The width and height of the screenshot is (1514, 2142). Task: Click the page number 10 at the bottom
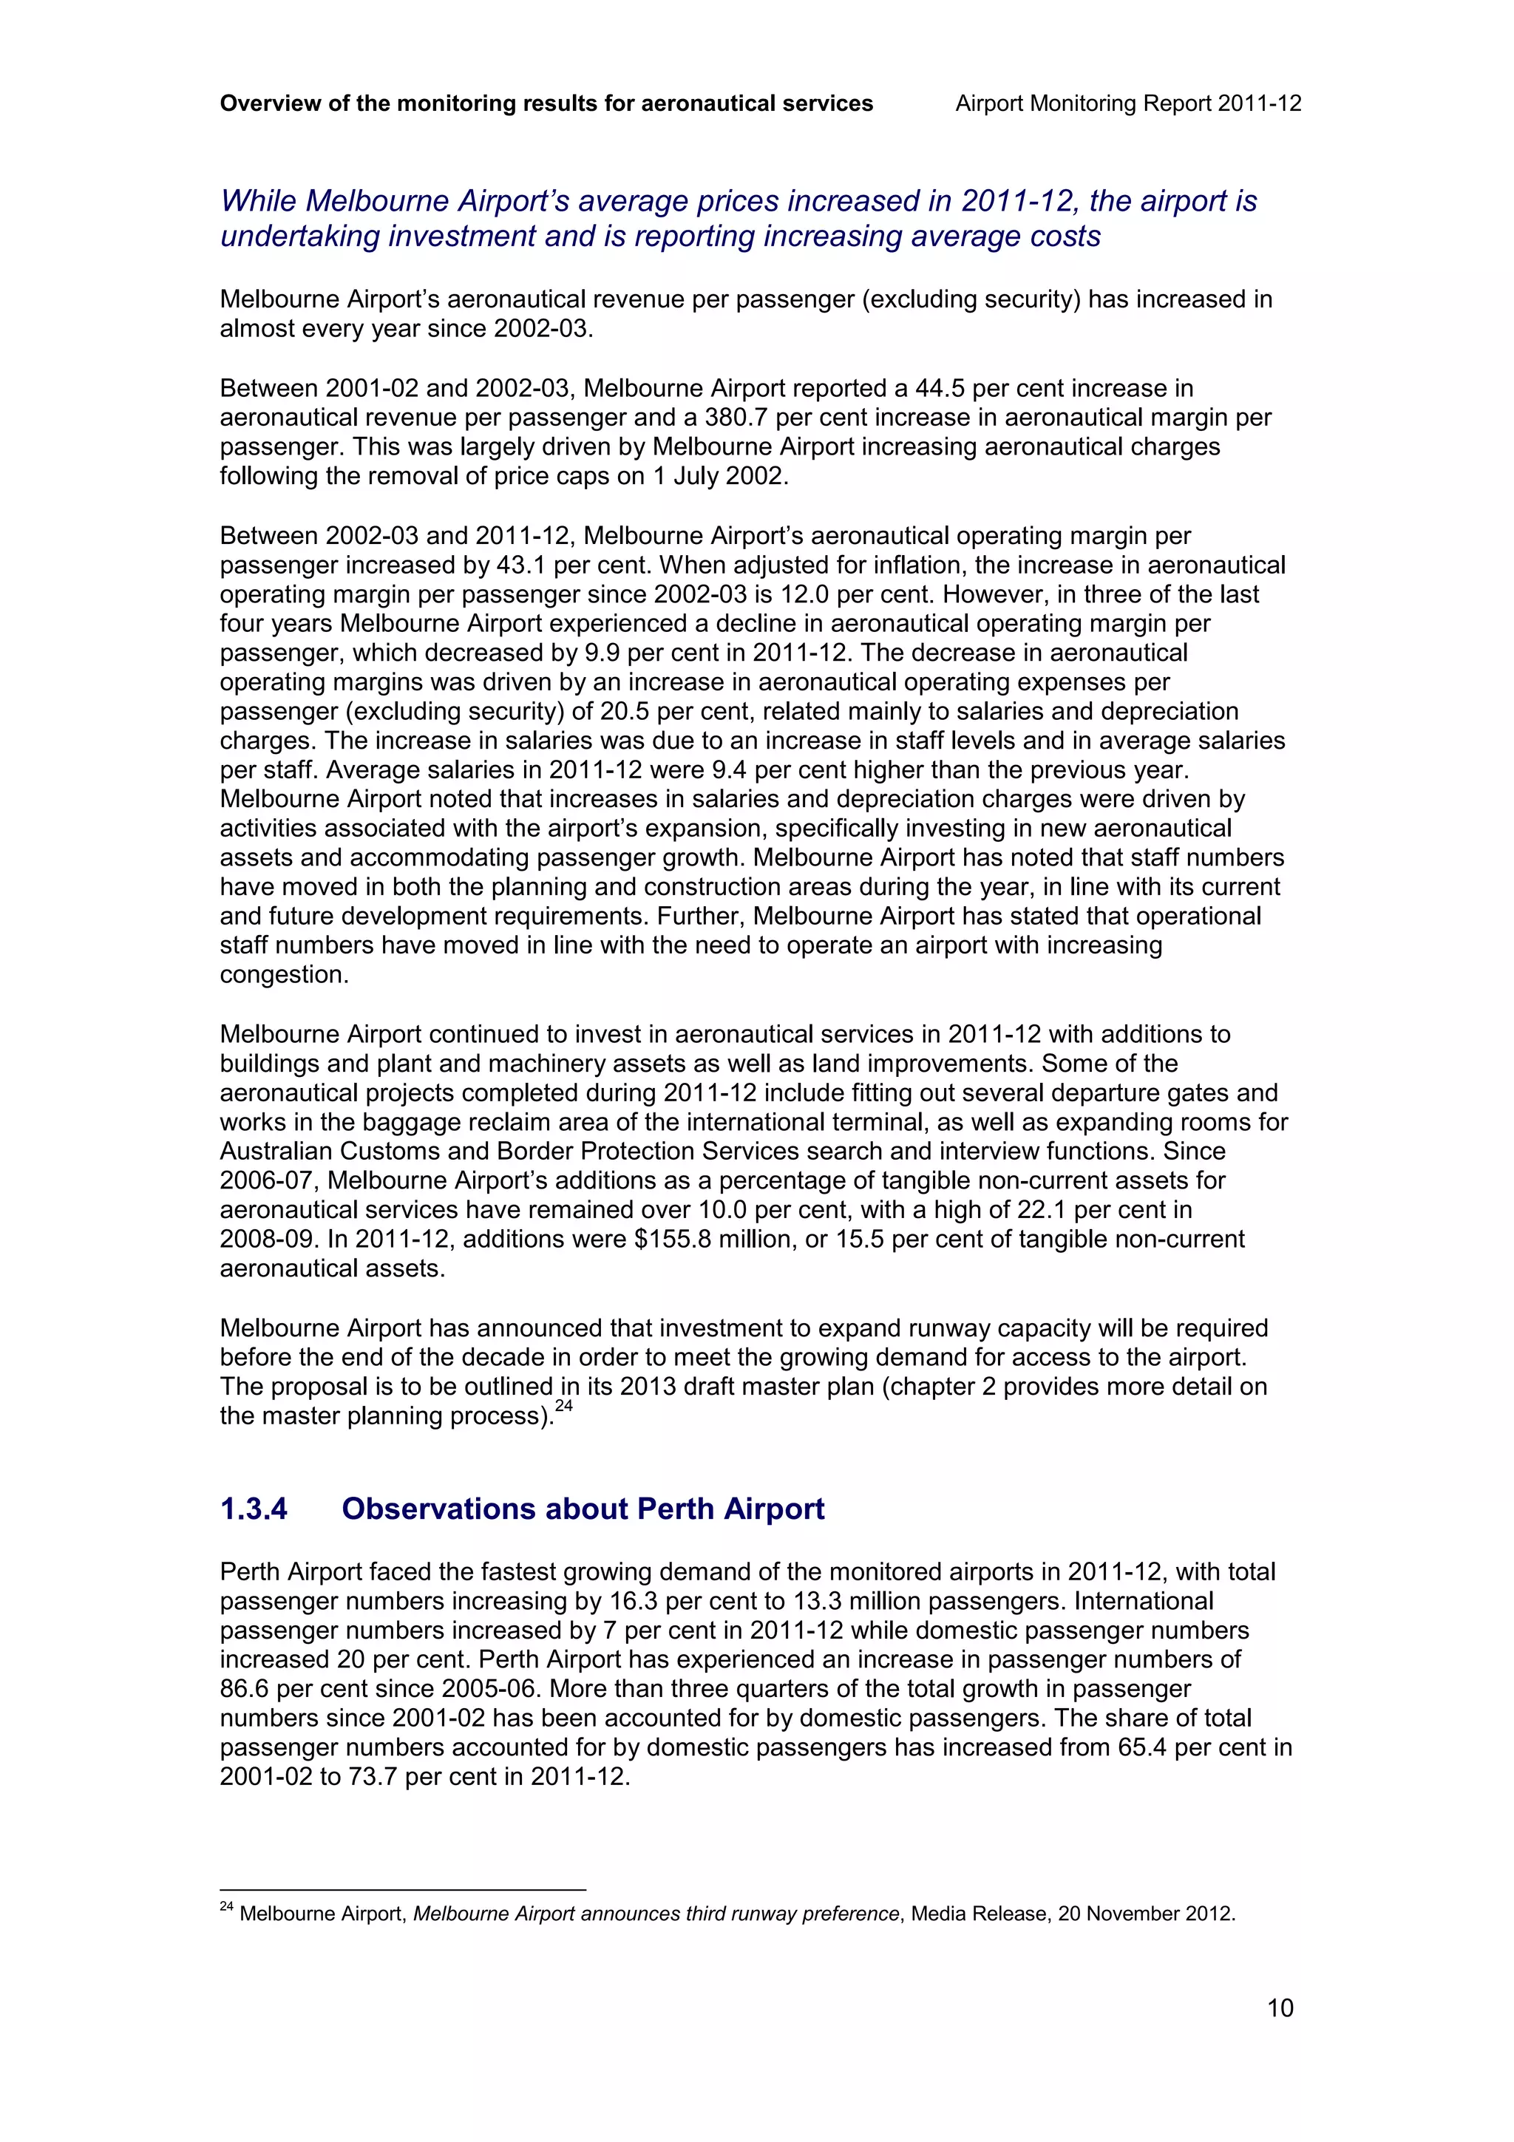point(1280,2007)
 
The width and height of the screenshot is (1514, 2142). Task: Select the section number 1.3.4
point(254,1509)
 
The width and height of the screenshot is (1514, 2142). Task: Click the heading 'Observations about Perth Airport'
point(583,1509)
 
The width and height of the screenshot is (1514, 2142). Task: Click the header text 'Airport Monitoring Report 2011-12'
point(1128,103)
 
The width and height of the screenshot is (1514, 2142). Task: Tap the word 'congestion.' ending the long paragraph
point(277,975)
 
